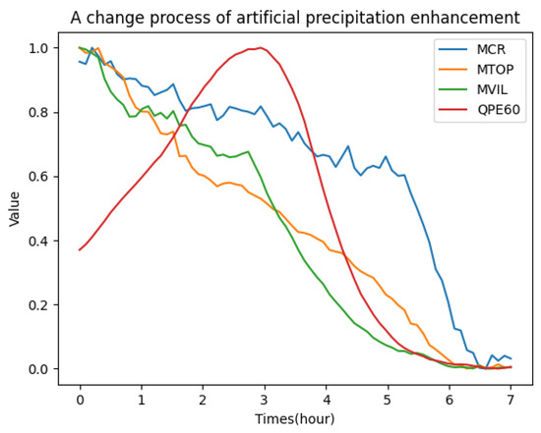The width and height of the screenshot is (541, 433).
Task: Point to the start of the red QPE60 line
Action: pos(80,249)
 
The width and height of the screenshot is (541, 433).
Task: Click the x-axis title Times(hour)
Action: pos(295,418)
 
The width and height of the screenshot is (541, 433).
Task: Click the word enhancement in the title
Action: pos(461,18)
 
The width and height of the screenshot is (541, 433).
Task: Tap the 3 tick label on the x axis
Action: pos(264,400)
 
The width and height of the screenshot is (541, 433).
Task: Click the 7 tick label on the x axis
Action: pos(511,400)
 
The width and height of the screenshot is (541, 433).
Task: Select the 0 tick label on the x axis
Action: pos(80,400)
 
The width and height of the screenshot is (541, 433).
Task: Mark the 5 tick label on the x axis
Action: pos(388,400)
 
